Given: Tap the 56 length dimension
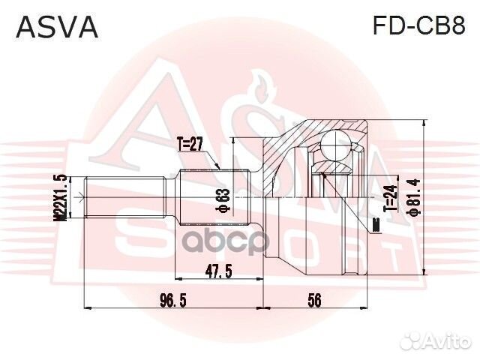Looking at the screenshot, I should [x=314, y=300].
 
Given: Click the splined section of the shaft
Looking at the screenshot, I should [x=214, y=197].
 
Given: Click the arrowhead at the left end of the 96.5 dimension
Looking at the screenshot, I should [x=87, y=307].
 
